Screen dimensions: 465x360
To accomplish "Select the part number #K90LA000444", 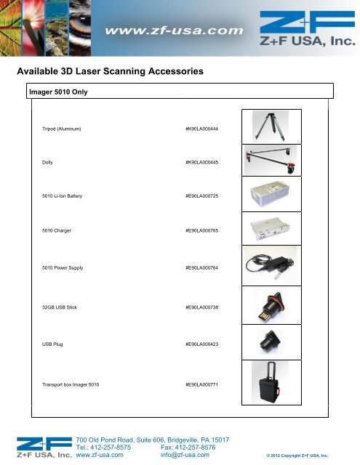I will coord(203,129).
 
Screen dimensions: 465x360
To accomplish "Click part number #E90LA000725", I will coord(203,197).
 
